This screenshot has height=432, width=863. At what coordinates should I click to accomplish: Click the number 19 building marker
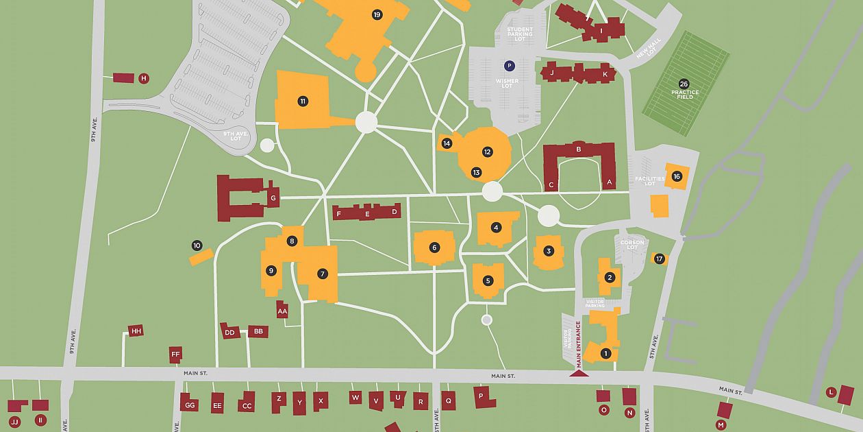pyautogui.click(x=377, y=14)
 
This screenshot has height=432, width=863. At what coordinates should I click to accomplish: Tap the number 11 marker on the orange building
pyautogui.click(x=303, y=101)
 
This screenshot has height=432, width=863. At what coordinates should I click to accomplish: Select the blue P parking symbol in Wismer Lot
pyautogui.click(x=509, y=66)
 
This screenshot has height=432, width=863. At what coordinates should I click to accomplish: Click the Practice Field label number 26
pyautogui.click(x=684, y=84)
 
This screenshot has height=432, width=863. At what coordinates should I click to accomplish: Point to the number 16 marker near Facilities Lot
pyautogui.click(x=677, y=176)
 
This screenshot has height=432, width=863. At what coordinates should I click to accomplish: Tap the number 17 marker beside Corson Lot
pyautogui.click(x=659, y=259)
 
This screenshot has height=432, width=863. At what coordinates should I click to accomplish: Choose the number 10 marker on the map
pyautogui.click(x=197, y=245)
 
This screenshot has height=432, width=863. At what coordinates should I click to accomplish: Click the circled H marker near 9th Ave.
pyautogui.click(x=144, y=78)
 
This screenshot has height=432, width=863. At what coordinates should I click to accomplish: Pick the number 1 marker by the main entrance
pyautogui.click(x=605, y=354)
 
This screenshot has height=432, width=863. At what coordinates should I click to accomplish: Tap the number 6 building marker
pyautogui.click(x=434, y=248)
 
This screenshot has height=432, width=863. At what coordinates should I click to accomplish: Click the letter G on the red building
pyautogui.click(x=273, y=199)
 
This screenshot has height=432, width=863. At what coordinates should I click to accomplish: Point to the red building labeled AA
pyautogui.click(x=282, y=311)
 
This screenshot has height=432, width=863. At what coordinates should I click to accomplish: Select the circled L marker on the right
pyautogui.click(x=831, y=392)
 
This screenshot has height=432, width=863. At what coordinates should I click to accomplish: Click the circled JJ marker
pyautogui.click(x=14, y=421)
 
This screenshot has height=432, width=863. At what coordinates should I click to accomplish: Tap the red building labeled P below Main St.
pyautogui.click(x=484, y=397)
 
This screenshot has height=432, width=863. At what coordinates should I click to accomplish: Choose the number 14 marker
pyautogui.click(x=447, y=143)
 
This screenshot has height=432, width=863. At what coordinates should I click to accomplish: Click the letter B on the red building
pyautogui.click(x=579, y=149)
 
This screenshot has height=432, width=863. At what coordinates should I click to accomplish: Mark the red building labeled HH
pyautogui.click(x=136, y=331)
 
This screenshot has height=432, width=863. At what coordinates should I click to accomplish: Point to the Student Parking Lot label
pyautogui.click(x=519, y=34)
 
